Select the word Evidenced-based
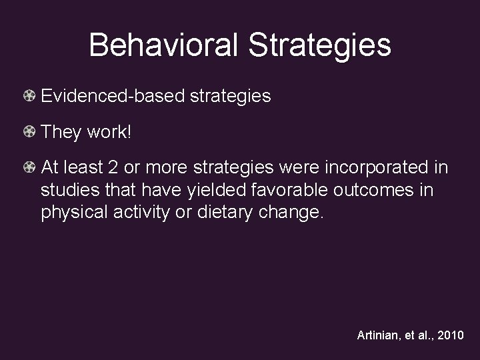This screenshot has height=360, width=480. click(113, 96)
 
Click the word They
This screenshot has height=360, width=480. click(61, 132)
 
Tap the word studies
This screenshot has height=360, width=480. click(67, 191)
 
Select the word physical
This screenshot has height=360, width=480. click(71, 213)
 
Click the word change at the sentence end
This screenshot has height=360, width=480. click(290, 213)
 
